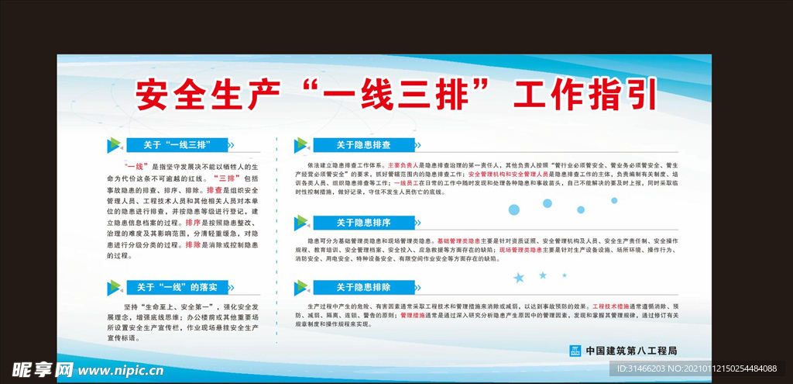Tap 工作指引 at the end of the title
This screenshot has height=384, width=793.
586,95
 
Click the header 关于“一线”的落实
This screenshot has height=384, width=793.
177,287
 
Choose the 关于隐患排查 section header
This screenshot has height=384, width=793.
362,144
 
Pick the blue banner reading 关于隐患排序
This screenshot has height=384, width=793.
362,223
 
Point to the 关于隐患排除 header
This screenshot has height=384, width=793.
362,287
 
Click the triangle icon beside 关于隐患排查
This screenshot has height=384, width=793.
300,145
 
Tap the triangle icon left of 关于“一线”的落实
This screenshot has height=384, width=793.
114,288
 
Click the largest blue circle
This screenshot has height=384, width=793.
513,209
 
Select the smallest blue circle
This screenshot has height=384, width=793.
614,200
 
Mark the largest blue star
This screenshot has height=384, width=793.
519,277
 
